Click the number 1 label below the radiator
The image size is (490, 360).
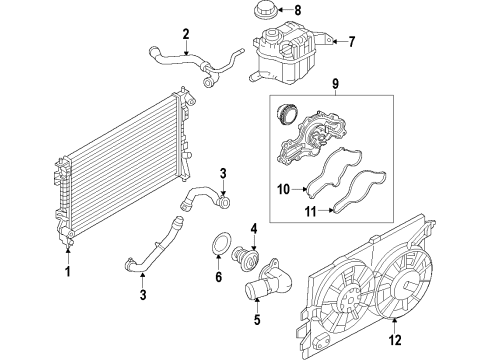[x=68, y=271]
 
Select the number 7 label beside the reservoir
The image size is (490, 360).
[x=351, y=42]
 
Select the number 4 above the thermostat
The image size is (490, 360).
[x=255, y=228]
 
